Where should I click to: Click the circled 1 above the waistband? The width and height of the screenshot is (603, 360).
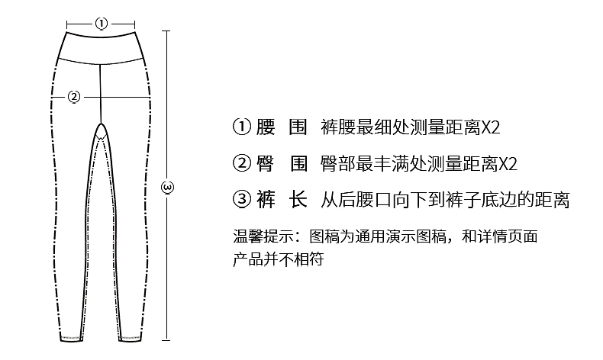click(x=102, y=23)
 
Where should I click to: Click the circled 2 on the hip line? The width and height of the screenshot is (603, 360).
click(x=74, y=96)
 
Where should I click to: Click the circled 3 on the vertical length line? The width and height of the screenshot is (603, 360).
click(x=169, y=186)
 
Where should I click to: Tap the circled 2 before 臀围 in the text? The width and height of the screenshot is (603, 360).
click(x=241, y=164)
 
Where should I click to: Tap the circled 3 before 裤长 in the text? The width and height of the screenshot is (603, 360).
click(x=241, y=201)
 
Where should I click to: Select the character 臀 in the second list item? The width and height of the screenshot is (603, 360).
click(x=265, y=164)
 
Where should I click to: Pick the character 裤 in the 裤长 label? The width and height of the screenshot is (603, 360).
click(x=265, y=201)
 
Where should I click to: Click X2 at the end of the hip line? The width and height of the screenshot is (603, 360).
click(x=508, y=164)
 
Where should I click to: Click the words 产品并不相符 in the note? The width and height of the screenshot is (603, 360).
click(x=279, y=259)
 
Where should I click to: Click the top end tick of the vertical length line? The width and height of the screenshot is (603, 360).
click(x=169, y=31)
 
